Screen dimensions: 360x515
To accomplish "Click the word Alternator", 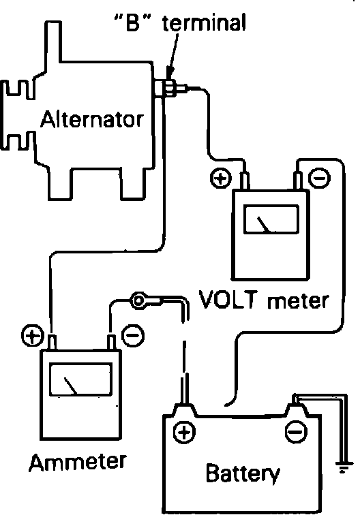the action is tap(92, 119).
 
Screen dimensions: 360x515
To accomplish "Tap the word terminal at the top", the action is tap(204, 22).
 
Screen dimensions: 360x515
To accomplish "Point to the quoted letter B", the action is tap(133, 22).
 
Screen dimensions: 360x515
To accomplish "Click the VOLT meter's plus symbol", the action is tap(221, 178).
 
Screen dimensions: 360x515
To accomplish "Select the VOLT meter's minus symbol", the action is tap(320, 178).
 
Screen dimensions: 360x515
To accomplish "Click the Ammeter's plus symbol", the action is tap(32, 336).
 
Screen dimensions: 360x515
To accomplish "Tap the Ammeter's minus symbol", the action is tap(133, 335).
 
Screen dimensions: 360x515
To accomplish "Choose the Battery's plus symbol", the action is tap(184, 432).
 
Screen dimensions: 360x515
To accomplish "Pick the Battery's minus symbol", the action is tap(296, 432).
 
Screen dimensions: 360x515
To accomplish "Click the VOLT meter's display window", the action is tap(271, 219).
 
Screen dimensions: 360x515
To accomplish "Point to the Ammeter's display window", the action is tap(81, 379).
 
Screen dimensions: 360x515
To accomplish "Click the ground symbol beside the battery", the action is tap(344, 467).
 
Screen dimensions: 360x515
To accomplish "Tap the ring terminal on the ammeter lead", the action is tap(139, 300).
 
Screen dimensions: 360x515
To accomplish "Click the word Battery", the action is tap(243, 473).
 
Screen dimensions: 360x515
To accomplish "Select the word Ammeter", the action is tap(78, 461).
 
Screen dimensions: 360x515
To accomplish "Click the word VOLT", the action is tap(228, 299).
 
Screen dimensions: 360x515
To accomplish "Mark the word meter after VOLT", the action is tap(298, 301).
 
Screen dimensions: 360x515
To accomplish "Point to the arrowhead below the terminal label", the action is tap(170, 73).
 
